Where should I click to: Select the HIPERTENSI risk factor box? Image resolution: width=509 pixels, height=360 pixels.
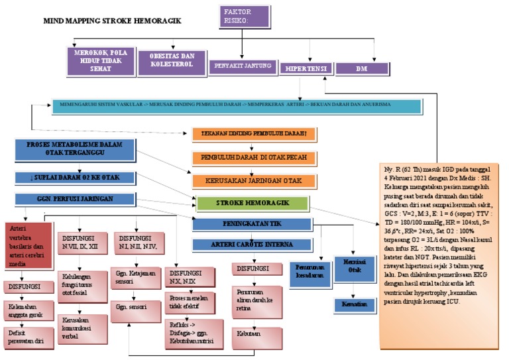tap(306, 68)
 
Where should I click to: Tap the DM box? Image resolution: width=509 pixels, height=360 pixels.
tap(361, 68)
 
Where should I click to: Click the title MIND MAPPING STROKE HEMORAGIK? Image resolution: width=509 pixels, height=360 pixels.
tap(112, 21)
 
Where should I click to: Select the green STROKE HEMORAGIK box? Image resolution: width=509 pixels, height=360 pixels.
tap(252, 203)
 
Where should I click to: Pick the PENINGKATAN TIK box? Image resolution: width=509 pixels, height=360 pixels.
tap(252, 224)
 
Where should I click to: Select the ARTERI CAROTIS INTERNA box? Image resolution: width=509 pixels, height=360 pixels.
tap(251, 245)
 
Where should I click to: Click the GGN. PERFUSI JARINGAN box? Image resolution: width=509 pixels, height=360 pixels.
tap(72, 198)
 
